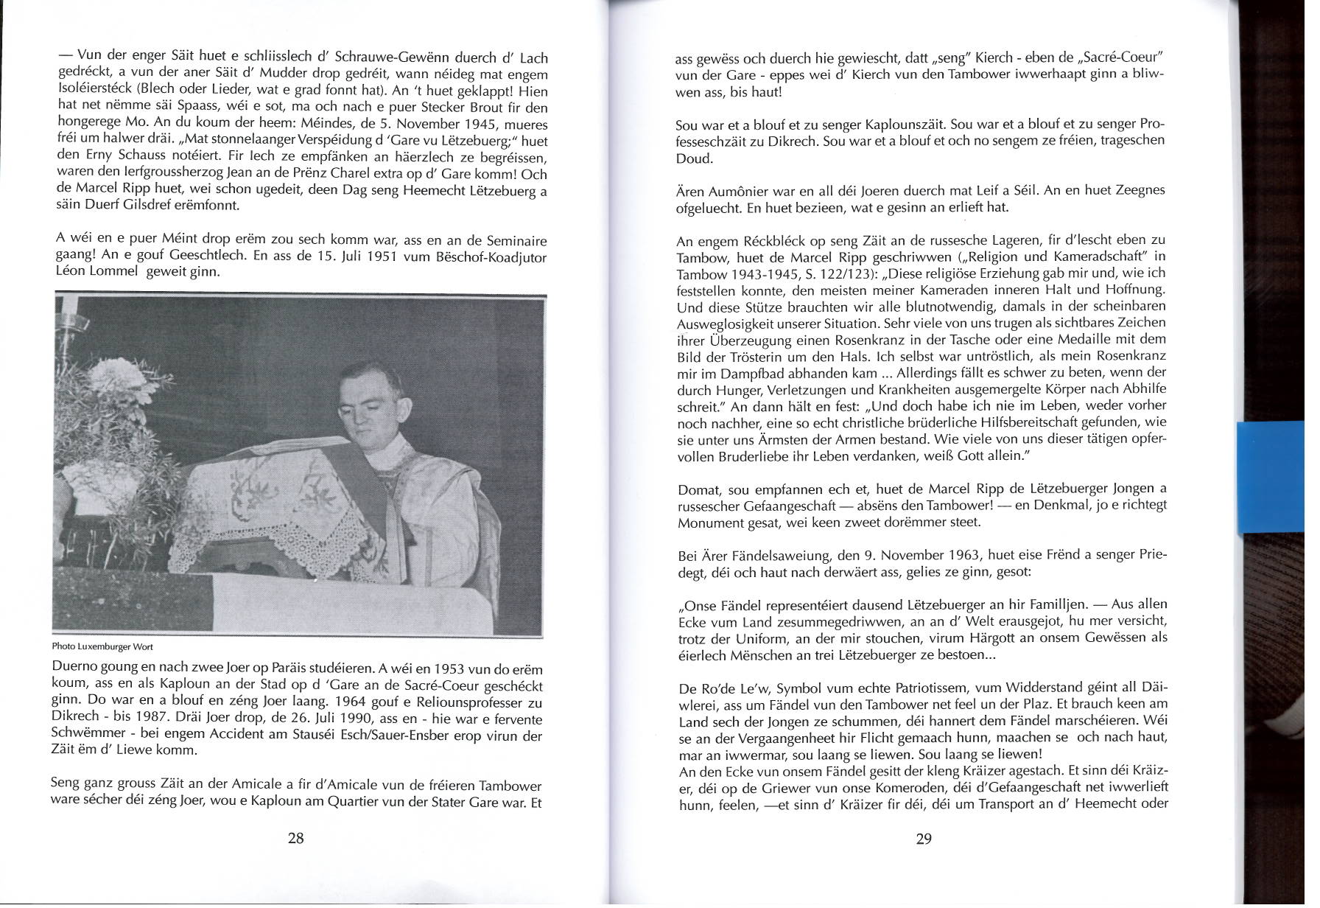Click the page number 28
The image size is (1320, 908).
(295, 838)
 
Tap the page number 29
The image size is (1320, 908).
(924, 839)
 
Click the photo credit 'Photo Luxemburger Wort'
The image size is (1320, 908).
(102, 646)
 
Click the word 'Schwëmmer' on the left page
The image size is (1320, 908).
(85, 736)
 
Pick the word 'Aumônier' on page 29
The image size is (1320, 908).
(733, 190)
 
